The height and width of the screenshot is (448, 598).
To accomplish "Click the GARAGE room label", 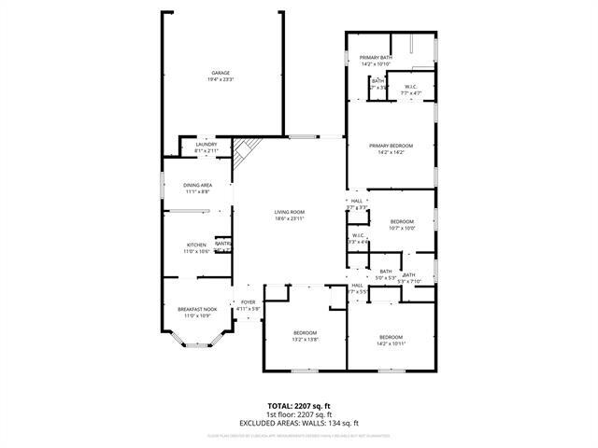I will click(221, 73).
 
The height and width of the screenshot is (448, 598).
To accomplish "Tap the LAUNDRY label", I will click(206, 144).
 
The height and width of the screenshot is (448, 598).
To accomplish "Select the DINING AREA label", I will click(197, 185).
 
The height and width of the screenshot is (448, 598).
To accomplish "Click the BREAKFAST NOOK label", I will click(197, 309).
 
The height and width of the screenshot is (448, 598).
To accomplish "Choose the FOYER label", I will click(248, 301).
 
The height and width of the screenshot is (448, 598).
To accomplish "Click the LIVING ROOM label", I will click(290, 212).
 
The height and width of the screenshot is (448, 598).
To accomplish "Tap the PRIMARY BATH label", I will click(377, 58).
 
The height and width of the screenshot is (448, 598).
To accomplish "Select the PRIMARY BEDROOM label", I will click(391, 146).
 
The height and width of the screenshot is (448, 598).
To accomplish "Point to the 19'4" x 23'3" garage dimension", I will click(221, 79).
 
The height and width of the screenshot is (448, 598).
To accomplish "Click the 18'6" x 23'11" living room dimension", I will click(290, 218).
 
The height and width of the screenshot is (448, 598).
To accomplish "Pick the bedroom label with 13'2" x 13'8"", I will click(306, 333).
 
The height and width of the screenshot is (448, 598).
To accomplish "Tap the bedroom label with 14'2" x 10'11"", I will click(391, 336).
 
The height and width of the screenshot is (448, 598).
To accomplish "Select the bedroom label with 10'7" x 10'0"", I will click(402, 221).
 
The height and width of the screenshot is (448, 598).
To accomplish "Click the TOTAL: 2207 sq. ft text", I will click(299, 406).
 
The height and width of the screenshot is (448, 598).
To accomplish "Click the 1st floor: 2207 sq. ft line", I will click(299, 413).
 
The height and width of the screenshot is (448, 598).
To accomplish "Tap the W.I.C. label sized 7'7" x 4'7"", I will click(411, 87).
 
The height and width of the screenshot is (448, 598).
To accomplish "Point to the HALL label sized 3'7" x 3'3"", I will click(356, 201).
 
